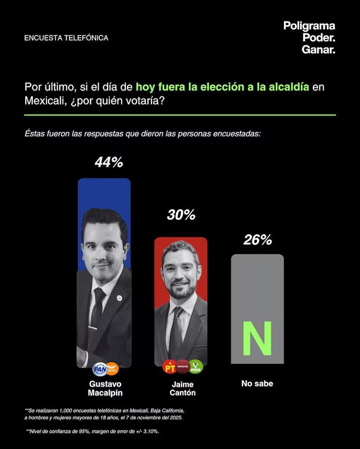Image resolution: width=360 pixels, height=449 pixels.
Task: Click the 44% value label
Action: pos(108,162)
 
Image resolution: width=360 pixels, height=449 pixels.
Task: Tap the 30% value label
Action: pos(181,215)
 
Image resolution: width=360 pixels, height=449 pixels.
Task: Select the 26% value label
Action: pos(257,240)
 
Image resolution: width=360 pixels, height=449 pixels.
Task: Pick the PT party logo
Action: pos(169,367)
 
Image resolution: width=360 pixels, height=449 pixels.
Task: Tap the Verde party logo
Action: pos(196,367)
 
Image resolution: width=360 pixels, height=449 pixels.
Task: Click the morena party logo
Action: pos(182,367)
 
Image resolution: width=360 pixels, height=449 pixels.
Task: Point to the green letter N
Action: pos(257,338)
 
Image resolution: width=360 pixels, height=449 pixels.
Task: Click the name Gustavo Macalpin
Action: pos(105,388)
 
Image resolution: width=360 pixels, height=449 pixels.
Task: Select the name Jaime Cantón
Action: pos(182,389)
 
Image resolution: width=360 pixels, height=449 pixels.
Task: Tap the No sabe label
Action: pos(257,384)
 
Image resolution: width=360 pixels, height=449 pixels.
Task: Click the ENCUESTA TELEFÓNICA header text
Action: pos(66,38)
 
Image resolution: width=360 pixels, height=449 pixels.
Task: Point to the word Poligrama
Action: pos(309,26)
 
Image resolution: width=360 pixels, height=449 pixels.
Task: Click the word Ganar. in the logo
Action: pos(318,50)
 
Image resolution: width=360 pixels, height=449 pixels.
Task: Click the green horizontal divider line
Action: pos(180,115)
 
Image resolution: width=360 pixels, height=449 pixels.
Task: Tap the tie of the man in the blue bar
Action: pos(96,306)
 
